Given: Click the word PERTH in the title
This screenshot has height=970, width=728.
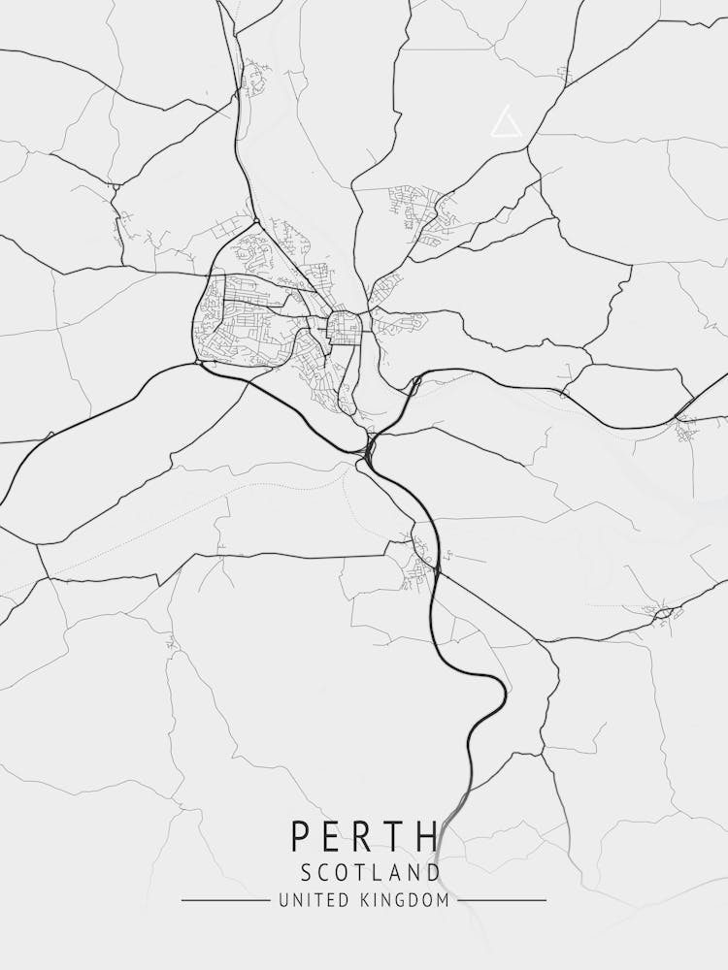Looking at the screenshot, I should coord(364,837).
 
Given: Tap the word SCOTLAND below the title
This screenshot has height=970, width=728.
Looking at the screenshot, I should coord(370,872).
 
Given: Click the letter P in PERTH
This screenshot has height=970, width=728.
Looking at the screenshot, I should coord(299,837).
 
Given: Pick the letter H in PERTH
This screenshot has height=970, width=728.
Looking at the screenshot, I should coord(428,837).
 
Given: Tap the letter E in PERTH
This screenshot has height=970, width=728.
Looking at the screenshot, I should coord(332,837).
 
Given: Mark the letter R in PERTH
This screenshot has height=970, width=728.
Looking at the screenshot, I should coord(363,837).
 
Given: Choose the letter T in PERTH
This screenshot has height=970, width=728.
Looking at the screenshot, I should coord(395,837).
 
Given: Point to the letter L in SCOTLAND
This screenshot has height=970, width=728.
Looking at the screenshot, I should coord(380,872).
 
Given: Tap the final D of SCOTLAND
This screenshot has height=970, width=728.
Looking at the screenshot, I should coord(433,872).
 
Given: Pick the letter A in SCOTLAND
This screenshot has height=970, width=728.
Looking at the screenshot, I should coord(396,872).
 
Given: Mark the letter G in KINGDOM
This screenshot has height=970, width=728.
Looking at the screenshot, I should coord(402,900).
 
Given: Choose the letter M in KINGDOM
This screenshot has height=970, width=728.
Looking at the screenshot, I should coord(443,900).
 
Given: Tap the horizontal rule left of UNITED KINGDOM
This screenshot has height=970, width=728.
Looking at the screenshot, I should coord(225,900).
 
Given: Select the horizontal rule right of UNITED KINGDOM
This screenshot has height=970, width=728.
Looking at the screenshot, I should coord(502,900).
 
